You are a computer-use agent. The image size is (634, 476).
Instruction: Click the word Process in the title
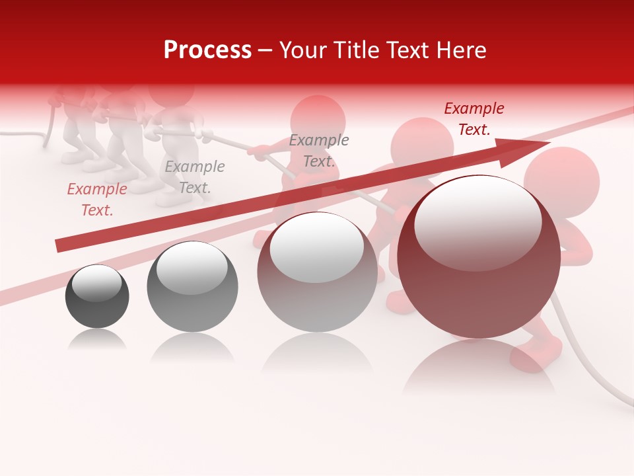click(207, 50)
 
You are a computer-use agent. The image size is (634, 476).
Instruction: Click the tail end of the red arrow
click(58, 246)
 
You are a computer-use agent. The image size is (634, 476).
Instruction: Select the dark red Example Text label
click(474, 119)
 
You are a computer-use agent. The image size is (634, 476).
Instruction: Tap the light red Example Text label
click(97, 200)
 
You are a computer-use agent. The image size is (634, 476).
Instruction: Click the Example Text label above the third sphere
click(319, 151)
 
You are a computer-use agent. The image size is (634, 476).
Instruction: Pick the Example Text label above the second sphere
click(195, 177)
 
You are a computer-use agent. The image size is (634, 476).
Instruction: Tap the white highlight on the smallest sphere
click(96, 283)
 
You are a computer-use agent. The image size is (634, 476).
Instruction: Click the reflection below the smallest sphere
click(97, 340)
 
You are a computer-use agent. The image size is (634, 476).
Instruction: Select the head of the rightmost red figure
click(561, 182)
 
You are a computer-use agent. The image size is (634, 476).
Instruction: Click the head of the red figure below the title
click(318, 119)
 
